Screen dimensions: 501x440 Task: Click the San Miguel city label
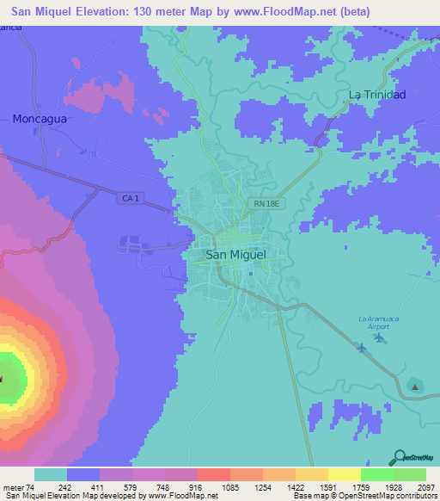236,255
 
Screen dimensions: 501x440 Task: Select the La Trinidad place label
376,94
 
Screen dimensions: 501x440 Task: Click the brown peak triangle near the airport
415,387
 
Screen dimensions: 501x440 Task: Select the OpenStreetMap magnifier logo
399,456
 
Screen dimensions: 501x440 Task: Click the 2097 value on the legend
426,487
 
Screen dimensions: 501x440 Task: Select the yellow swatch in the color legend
344,474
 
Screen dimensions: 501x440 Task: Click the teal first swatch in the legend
51,474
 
